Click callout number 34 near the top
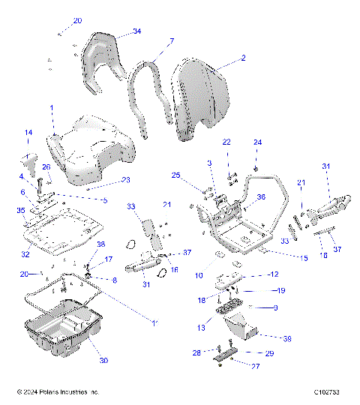(x=136, y=31)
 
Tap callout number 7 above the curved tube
(x=171, y=41)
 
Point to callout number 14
(x=28, y=133)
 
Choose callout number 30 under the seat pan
(x=103, y=361)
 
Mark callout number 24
(x=257, y=142)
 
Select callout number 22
(x=226, y=142)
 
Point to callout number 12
(x=274, y=274)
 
